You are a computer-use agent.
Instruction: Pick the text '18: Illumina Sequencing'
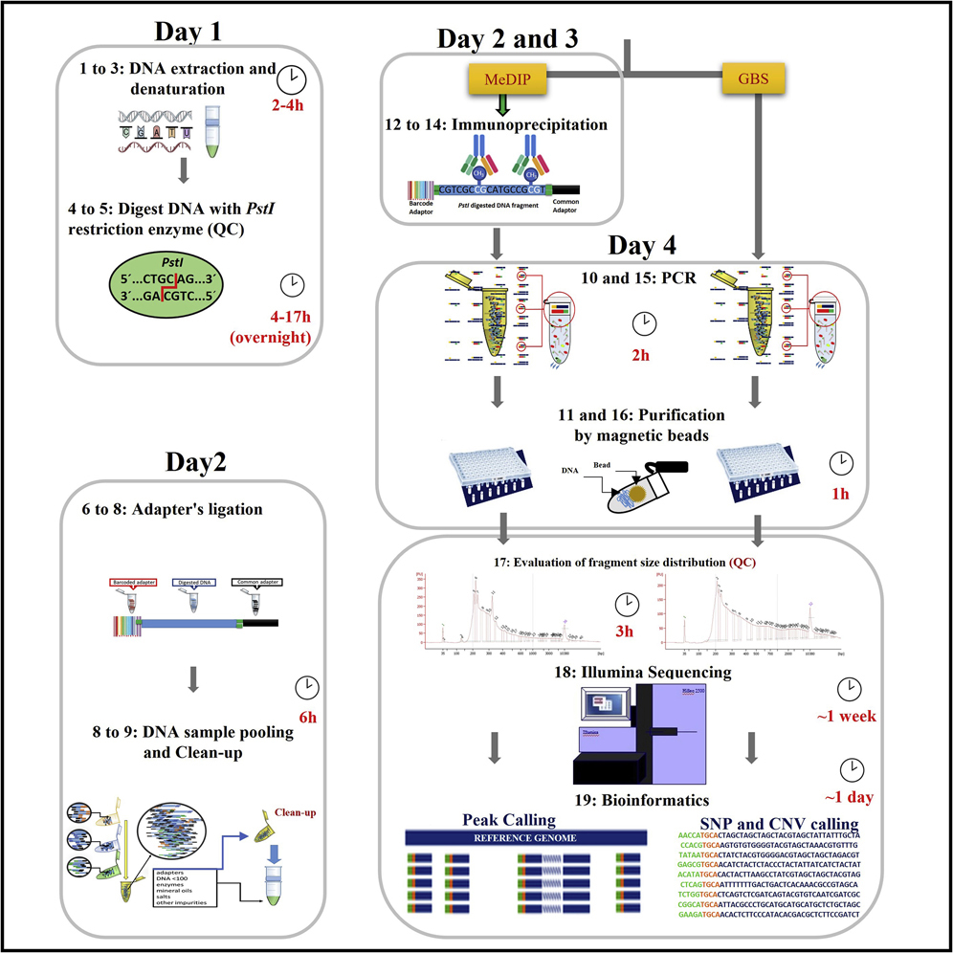(652, 673)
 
